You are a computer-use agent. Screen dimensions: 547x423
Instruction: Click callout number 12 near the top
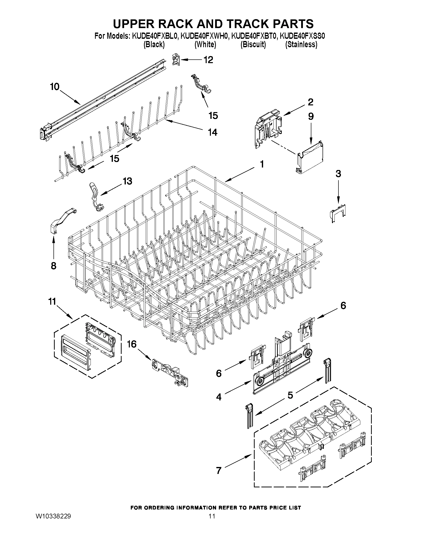[208, 60]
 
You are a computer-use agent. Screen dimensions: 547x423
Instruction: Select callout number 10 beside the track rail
[55, 87]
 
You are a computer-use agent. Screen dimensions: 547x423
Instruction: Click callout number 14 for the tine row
[213, 132]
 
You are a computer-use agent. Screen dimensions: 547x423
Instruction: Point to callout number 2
[310, 102]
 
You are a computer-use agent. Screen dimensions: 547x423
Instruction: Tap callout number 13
[127, 181]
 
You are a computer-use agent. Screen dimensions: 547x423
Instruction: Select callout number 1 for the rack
[262, 164]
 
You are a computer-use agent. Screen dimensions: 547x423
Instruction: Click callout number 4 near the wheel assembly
[219, 397]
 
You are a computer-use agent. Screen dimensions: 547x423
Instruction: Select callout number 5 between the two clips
[290, 395]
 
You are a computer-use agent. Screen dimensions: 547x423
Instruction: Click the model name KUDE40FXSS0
[302, 36]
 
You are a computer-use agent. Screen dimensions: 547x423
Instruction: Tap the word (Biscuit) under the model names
[253, 44]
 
